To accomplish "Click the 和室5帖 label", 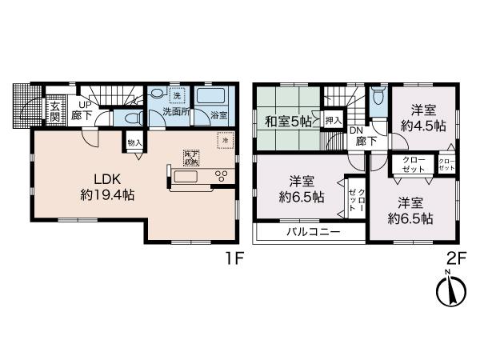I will coord(289,122).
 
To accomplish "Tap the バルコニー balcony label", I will coord(314,232).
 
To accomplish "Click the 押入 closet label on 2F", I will coord(334,121).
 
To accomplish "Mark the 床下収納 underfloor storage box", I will coord(190,157).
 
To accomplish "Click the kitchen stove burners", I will coord(222,175).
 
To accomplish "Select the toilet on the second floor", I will coord(377,97).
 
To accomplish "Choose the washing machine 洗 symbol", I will coord(178,94).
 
